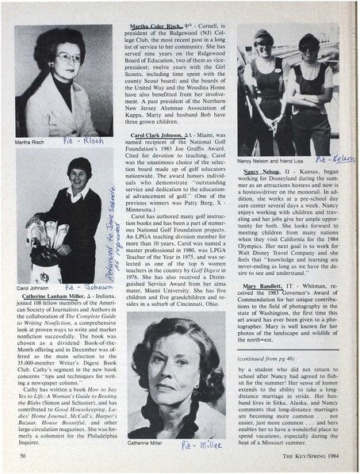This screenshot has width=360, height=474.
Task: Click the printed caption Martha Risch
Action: (31, 143)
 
